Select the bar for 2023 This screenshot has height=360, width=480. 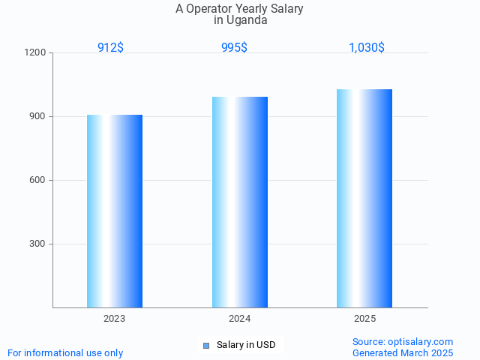(x=115, y=211)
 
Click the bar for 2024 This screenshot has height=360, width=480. (x=240, y=202)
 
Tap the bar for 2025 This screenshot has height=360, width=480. (x=364, y=198)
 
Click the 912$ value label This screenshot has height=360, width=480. (x=110, y=47)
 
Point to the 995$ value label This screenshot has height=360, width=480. (x=234, y=47)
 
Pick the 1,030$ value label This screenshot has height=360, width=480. (x=367, y=47)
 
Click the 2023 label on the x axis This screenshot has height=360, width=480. (x=115, y=319)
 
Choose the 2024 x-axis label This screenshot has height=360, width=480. (x=240, y=319)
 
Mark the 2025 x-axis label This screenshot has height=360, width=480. (x=365, y=319)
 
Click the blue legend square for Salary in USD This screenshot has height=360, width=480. (x=206, y=345)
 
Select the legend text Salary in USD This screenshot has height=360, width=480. (x=246, y=345)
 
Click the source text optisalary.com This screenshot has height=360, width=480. (x=420, y=341)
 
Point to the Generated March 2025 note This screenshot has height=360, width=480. (x=403, y=352)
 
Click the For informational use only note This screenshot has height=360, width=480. (x=65, y=352)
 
